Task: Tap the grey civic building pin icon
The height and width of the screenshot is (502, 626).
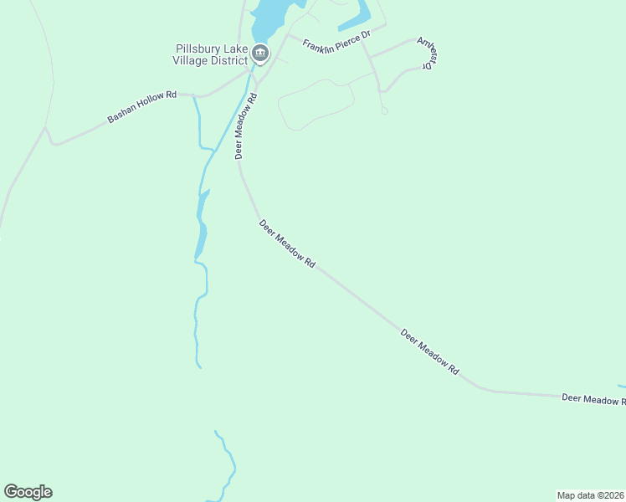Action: (260, 54)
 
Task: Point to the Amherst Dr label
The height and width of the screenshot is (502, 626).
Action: (428, 53)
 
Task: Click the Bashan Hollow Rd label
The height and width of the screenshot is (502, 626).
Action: (141, 107)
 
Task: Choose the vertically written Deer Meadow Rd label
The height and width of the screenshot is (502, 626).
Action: (244, 125)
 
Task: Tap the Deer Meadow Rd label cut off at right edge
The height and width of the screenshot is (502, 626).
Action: (593, 400)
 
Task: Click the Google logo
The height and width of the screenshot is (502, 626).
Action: (28, 492)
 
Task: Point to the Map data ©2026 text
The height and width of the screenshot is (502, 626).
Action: (590, 495)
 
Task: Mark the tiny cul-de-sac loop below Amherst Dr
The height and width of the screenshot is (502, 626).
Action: (384, 110)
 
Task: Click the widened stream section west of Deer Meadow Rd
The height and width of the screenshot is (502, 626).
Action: (201, 226)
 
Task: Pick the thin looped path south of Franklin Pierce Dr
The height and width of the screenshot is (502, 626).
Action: (314, 105)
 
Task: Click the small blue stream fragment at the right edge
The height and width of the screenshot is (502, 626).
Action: (622, 386)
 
